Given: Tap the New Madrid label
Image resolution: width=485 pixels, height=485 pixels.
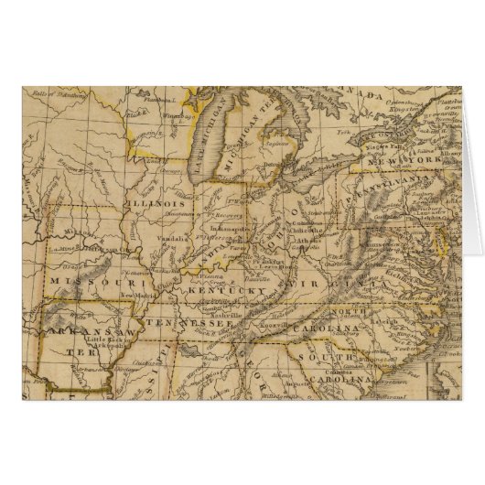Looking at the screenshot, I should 146,297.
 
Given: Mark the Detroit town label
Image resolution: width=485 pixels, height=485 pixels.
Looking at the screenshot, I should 273,166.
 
